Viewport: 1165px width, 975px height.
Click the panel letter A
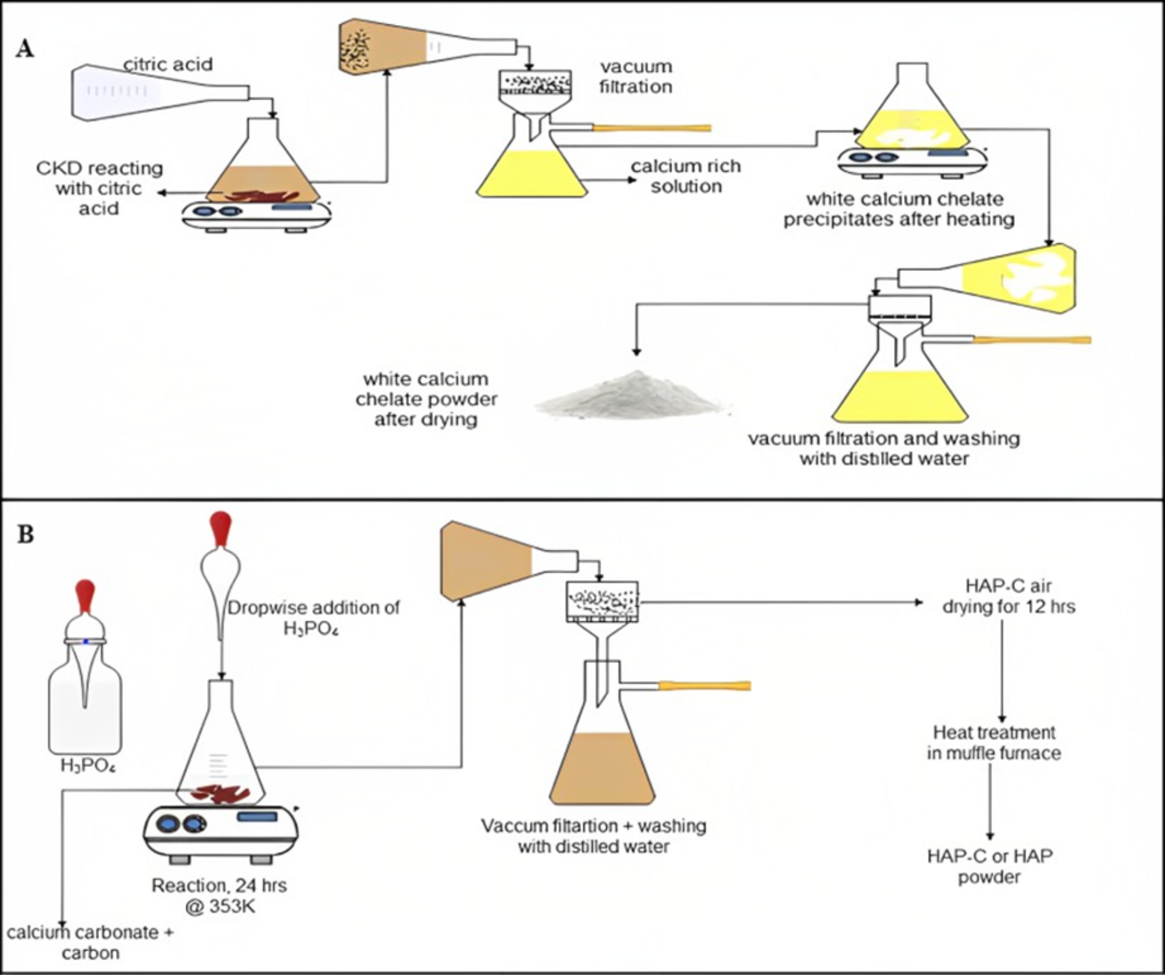pos(24,49)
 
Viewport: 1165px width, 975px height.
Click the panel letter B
pos(26,534)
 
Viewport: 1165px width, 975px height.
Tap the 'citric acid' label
pos(168,64)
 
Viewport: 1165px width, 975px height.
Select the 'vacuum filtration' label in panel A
pos(635,77)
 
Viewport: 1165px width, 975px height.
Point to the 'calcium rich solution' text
pos(686,176)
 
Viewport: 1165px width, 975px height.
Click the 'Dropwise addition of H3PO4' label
pos(313,618)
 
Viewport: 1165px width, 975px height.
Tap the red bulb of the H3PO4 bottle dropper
pos(85,595)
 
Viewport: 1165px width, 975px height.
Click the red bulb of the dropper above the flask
pos(220,528)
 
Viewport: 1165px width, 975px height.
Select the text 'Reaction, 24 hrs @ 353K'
pos(219,896)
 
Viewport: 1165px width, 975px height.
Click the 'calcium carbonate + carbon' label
pos(90,943)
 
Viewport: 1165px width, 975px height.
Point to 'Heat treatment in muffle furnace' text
pos(993,743)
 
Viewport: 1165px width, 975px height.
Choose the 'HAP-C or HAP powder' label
pos(989,866)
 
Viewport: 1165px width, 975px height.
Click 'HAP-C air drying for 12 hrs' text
pos(1008,596)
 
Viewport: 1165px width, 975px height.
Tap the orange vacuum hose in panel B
pos(704,686)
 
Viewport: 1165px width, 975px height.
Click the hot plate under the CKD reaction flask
pos(256,214)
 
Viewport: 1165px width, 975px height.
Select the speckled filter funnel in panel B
pos(602,601)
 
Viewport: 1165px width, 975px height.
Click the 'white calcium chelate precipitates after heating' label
pos(899,209)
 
